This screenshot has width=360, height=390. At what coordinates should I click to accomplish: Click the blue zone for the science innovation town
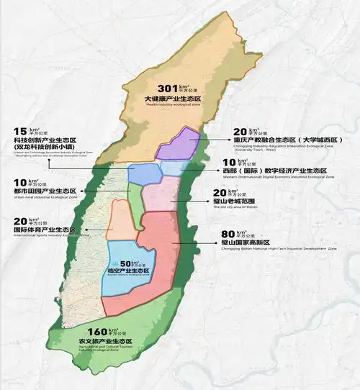[x=143, y=173]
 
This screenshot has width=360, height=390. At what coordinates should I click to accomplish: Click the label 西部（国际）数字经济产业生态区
[x=276, y=172]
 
